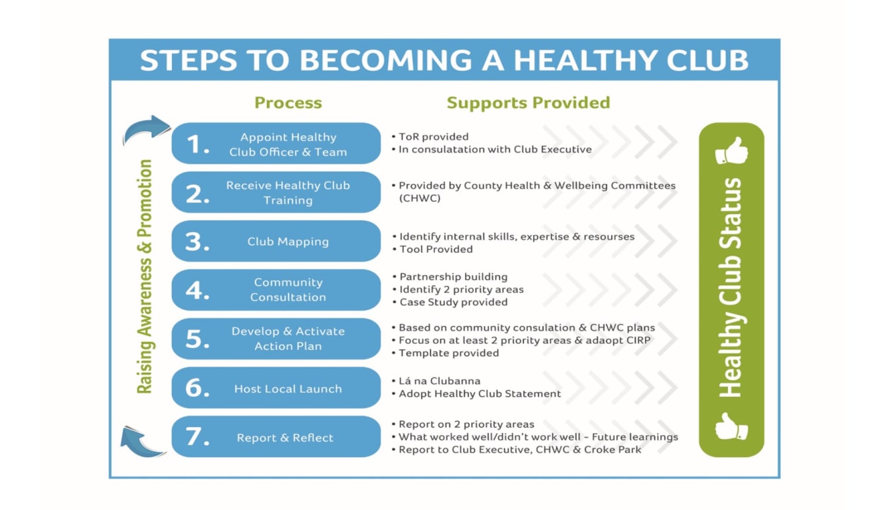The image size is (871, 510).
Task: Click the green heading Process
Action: [x=288, y=103]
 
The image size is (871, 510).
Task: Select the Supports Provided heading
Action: [x=528, y=103]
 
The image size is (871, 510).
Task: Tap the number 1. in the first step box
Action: [x=198, y=144]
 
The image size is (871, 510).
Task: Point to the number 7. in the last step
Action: [x=197, y=438]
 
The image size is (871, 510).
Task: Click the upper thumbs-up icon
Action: [x=731, y=152]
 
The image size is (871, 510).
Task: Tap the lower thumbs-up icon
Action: [x=731, y=427]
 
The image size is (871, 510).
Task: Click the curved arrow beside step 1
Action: [x=146, y=129]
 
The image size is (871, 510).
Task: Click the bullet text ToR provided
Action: [x=434, y=137]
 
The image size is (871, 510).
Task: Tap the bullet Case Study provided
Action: [x=453, y=302]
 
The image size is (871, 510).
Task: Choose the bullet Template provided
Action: [x=449, y=353]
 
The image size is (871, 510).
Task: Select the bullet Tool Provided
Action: [x=435, y=249]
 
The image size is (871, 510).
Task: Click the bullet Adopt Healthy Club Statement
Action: [x=480, y=394]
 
